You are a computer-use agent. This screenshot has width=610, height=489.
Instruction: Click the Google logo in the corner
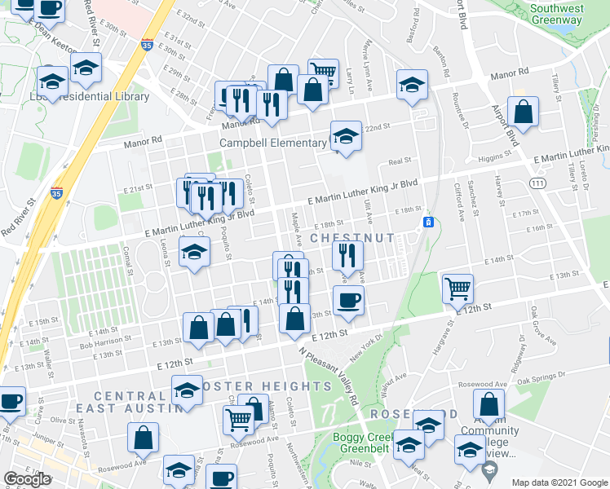click(26, 479)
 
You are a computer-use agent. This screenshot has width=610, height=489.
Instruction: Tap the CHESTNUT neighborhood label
click(352, 238)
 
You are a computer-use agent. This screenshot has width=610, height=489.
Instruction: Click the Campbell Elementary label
click(272, 143)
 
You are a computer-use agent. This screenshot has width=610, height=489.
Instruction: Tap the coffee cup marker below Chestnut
click(348, 301)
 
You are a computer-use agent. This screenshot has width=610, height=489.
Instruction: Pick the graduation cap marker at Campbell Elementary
click(346, 135)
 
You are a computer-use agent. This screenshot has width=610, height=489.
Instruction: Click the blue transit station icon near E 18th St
click(427, 222)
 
